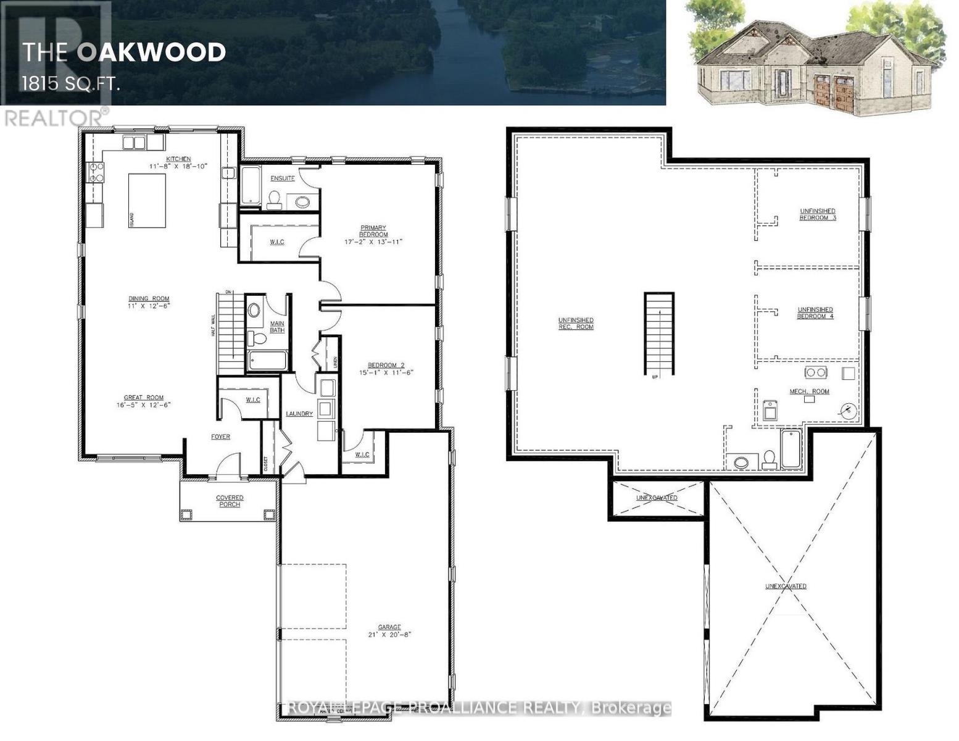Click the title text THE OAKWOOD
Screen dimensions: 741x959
[x=124, y=52]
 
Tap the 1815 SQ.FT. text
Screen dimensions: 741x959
[x=70, y=83]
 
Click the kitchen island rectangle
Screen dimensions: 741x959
[x=147, y=201]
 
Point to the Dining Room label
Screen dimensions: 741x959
[x=149, y=299]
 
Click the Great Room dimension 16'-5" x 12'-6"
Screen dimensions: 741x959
[x=143, y=405]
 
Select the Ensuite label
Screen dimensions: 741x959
[x=283, y=178]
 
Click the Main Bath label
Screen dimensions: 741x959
[x=277, y=327]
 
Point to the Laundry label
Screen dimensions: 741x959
[x=299, y=414]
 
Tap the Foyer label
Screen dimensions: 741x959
[x=220, y=437]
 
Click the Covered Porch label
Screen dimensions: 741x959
[x=230, y=501]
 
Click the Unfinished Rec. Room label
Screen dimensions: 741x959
[x=576, y=323]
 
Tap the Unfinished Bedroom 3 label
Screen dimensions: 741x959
[x=818, y=214]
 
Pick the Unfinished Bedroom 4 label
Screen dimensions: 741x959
[x=815, y=313]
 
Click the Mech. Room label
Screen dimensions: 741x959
[x=810, y=391]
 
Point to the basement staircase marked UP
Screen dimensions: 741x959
[x=660, y=333]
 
